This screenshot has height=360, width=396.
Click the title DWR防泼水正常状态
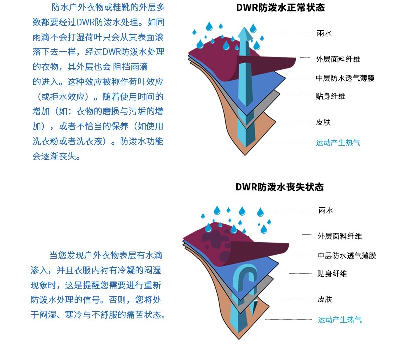(280, 8)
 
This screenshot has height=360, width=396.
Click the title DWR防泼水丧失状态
(280, 187)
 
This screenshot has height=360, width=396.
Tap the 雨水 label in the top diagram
(324, 33)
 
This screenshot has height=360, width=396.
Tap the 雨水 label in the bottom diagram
(326, 211)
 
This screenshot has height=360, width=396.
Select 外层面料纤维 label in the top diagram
(338, 59)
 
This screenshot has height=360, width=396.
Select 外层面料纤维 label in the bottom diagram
(340, 236)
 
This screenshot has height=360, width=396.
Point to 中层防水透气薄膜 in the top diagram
(345, 78)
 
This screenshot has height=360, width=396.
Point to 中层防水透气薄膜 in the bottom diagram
(347, 256)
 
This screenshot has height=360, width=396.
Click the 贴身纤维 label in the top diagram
(331, 96)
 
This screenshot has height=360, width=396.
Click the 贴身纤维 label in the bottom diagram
(332, 274)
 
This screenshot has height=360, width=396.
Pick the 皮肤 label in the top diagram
(324, 122)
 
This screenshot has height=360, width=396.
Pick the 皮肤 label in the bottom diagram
(325, 299)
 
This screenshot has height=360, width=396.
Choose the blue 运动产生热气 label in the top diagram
(338, 143)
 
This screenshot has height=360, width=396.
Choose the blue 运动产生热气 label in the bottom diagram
(340, 320)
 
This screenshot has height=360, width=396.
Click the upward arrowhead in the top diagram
(244, 34)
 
